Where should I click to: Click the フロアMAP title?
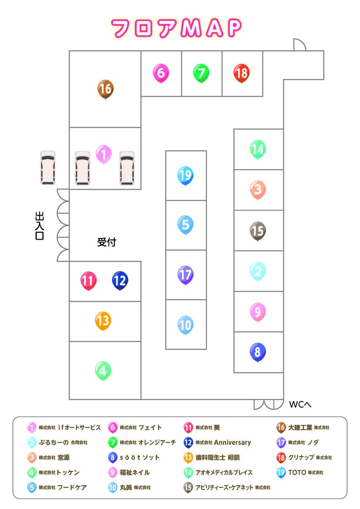176,28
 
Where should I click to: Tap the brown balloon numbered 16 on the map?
105,89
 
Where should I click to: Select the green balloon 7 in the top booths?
201,73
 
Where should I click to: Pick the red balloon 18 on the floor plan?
241,73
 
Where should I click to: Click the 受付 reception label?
107,242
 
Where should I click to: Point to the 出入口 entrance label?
40,225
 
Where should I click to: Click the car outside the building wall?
48,168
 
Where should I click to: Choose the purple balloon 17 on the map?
185,274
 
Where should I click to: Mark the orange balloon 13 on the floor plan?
103,321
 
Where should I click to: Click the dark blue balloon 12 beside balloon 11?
120,280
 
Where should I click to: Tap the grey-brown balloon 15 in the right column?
258,230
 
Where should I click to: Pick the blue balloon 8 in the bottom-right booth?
258,352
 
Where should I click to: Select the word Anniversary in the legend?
232,443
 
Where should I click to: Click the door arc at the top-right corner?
299,45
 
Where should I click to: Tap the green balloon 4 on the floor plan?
103,371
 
